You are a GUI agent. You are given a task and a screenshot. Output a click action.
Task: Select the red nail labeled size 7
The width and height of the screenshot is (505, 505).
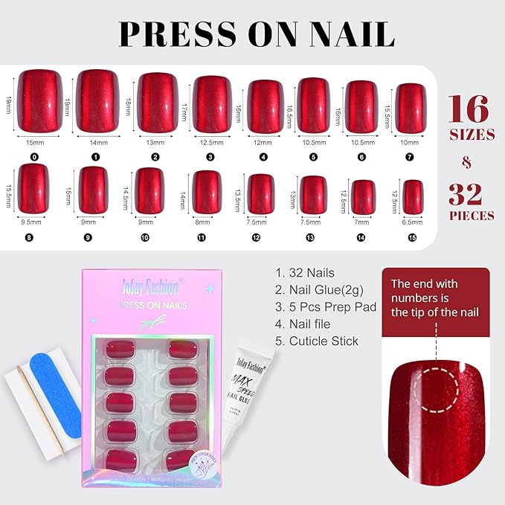[411, 107]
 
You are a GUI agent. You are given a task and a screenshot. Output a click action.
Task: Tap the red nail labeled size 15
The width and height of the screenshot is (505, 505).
[413, 197]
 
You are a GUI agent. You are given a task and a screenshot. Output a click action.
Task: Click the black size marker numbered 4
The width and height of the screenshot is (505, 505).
[264, 157]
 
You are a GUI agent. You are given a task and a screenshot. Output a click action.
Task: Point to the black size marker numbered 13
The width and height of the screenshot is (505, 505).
[314, 237]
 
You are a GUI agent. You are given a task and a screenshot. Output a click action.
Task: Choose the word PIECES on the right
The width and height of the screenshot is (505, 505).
[471, 216]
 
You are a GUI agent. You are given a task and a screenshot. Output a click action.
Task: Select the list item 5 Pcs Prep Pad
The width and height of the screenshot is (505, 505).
[326, 306]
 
